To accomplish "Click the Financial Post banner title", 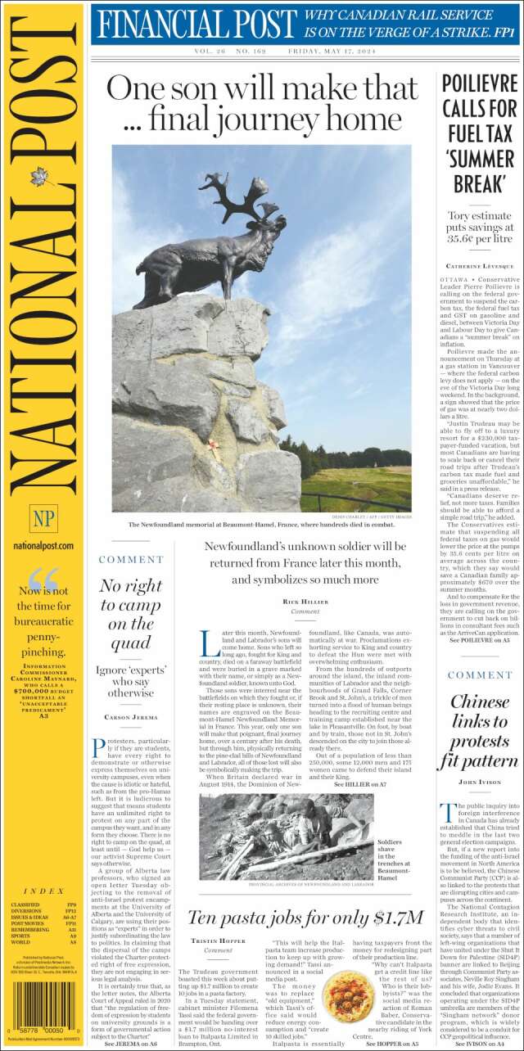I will coord(195,25).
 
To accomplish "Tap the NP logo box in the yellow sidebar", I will coord(43,518).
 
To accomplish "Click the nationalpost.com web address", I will coord(43,546).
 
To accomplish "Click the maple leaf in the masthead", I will coord(38,176).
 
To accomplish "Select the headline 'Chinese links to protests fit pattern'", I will coord(479,731).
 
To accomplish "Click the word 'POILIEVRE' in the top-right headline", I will coord(479,83).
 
